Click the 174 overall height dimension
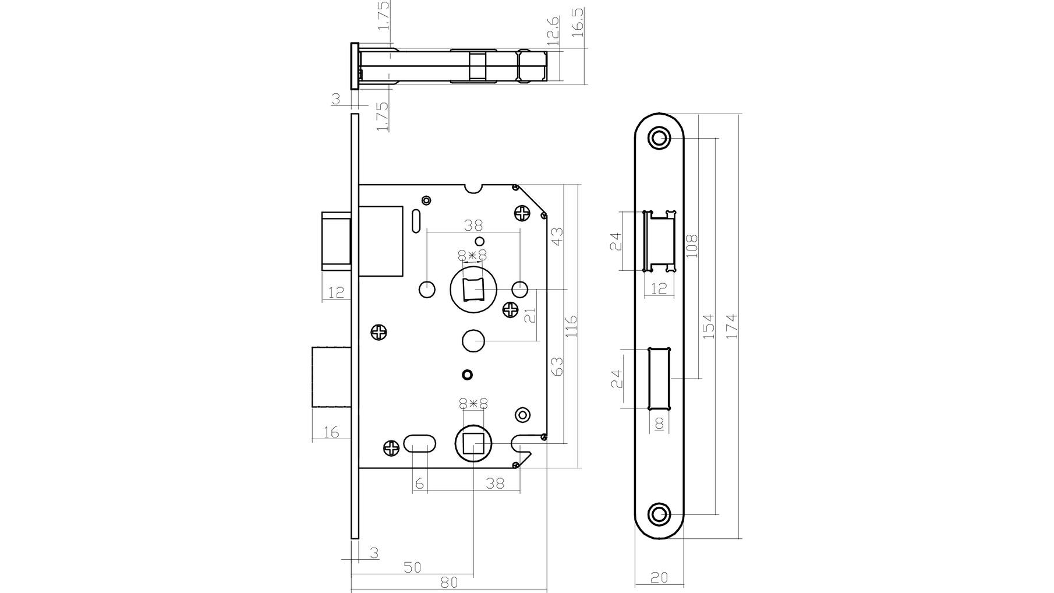[x=731, y=327]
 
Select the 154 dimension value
[x=708, y=327]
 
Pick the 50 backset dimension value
[x=412, y=567]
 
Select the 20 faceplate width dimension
[x=659, y=577]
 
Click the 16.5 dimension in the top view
[x=578, y=23]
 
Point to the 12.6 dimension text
[x=553, y=31]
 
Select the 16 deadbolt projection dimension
[x=331, y=432]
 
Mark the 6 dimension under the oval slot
[x=419, y=483]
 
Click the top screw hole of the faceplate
[x=659, y=139]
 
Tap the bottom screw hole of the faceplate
[x=659, y=514]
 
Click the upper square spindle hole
[x=473, y=289]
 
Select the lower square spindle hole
[x=473, y=446]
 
